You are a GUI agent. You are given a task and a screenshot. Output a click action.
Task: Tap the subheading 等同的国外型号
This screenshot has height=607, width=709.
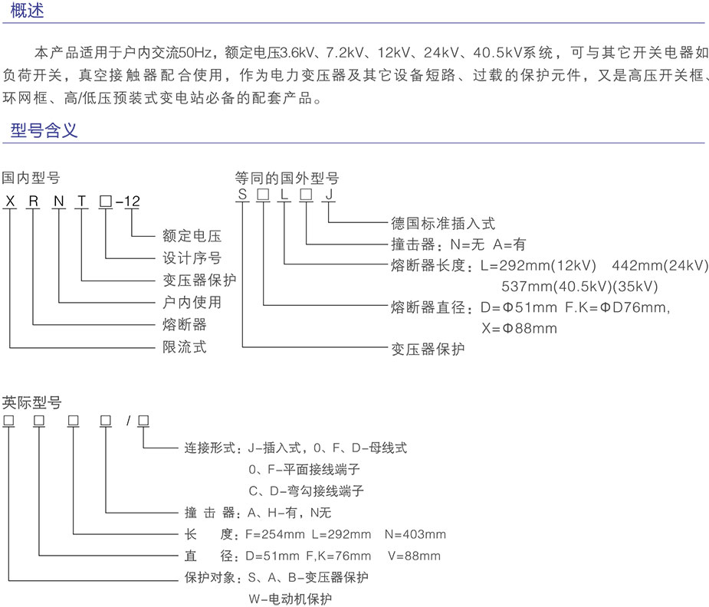pyautogui.click(x=287, y=179)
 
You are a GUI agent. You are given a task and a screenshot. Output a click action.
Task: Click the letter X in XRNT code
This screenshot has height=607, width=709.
pyautogui.click(x=9, y=202)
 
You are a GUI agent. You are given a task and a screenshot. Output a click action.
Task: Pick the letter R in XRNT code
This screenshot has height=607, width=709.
pyautogui.click(x=34, y=202)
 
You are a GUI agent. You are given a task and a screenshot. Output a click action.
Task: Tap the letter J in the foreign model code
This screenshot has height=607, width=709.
pyautogui.click(x=329, y=202)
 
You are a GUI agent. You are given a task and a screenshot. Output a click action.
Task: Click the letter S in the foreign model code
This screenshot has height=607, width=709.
pyautogui.click(x=242, y=202)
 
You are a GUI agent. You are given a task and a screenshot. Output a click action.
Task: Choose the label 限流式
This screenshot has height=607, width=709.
pyautogui.click(x=185, y=347)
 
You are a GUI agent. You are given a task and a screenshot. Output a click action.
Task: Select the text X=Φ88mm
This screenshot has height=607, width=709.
pyautogui.click(x=519, y=329)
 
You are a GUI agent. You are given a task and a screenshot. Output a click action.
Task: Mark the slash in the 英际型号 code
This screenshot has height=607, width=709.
pyautogui.click(x=130, y=421)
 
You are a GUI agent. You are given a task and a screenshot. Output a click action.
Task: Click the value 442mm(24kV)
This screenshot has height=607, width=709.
pyautogui.click(x=661, y=266)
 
